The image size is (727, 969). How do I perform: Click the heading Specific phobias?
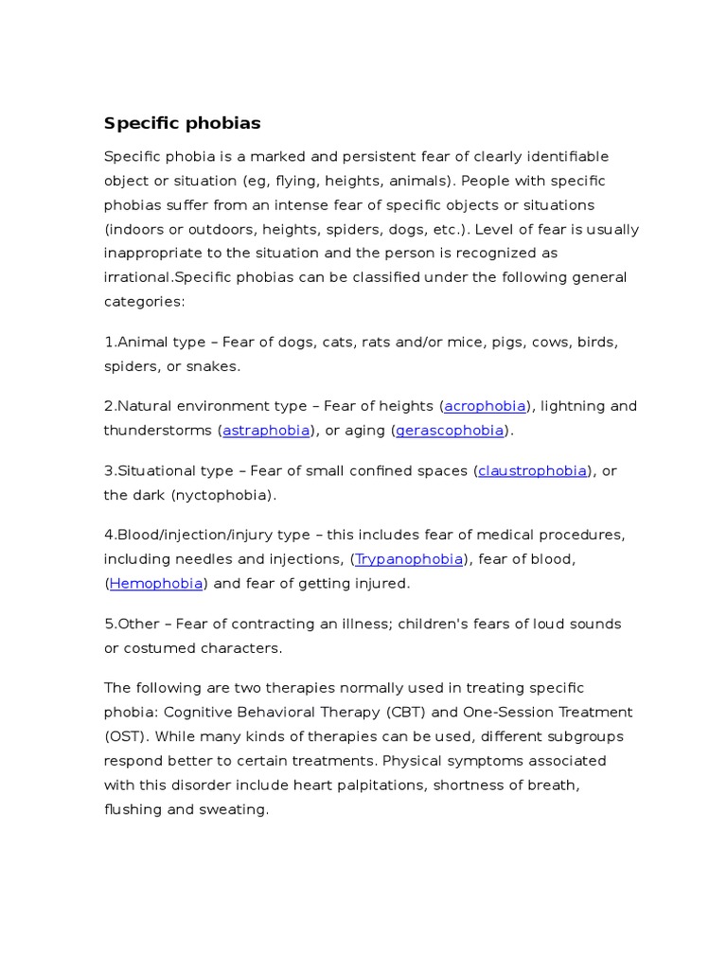click(182, 124)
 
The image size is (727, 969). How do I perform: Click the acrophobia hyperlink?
click(485, 406)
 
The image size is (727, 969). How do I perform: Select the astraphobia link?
click(266, 431)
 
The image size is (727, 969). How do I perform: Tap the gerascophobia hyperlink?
click(449, 431)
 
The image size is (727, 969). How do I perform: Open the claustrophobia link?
click(532, 470)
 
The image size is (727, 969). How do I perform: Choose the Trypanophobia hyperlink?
click(409, 559)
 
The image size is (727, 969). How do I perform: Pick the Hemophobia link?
click(156, 584)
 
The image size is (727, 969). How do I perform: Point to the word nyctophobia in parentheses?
click(223, 495)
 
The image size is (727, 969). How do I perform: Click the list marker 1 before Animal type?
click(108, 342)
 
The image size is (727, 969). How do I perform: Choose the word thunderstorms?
click(157, 431)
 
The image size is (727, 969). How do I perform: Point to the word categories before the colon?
click(142, 302)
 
